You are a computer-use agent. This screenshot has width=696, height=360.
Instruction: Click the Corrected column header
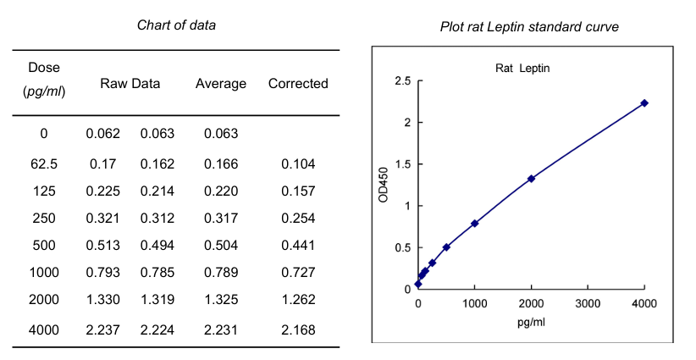click(298, 83)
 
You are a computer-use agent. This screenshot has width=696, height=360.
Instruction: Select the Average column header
click(221, 83)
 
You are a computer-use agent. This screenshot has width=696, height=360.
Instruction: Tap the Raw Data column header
click(130, 83)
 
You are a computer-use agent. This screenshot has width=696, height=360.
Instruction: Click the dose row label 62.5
click(44, 163)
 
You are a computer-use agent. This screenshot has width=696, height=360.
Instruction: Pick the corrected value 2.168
click(298, 330)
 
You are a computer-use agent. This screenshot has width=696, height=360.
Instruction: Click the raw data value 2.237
click(103, 330)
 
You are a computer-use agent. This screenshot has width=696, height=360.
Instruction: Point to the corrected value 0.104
click(298, 163)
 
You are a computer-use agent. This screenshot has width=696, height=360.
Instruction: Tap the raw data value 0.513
click(103, 246)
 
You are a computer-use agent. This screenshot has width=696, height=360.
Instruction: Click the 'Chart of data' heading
click(176, 25)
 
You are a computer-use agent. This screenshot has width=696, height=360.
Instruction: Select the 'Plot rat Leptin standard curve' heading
click(529, 27)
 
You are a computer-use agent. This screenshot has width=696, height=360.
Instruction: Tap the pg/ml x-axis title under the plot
click(530, 324)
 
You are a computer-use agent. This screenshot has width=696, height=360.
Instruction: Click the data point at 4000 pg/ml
click(644, 103)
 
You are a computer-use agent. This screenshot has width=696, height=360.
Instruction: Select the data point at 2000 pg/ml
click(531, 179)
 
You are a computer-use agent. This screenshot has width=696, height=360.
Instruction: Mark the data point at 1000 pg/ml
click(474, 224)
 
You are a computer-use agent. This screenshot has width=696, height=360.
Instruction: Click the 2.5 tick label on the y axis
click(402, 82)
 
